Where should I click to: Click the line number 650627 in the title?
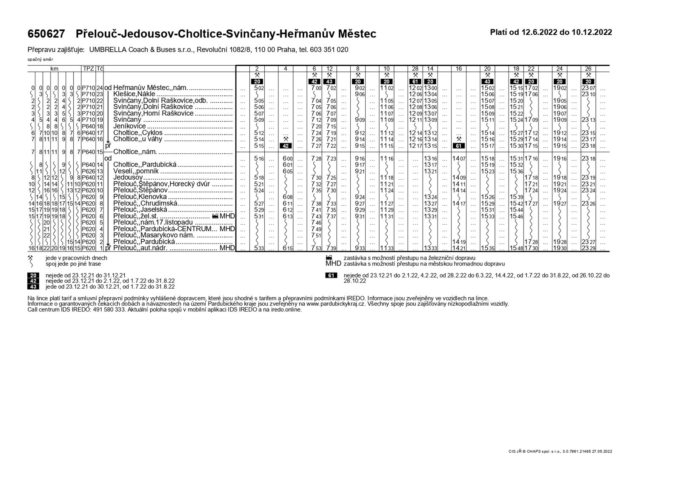[x=46, y=34]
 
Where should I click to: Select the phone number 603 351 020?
[x=328, y=50]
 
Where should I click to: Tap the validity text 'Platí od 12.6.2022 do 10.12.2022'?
[x=551, y=32]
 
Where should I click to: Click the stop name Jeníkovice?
[x=129, y=126]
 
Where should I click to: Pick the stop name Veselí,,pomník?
[x=136, y=171]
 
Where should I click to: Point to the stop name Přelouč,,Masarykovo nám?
[x=154, y=235]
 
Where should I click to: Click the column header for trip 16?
[x=458, y=68]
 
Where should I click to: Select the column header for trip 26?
[x=589, y=68]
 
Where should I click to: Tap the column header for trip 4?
[x=286, y=68]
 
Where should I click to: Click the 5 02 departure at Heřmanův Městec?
[x=259, y=88]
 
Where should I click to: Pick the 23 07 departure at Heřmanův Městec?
[x=589, y=88]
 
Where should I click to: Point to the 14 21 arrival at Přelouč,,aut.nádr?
[x=458, y=248]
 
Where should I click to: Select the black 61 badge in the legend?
[x=331, y=275]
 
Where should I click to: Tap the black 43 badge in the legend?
[x=33, y=286]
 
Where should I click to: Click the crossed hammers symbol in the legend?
[x=30, y=258]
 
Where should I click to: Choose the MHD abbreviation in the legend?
[x=333, y=263]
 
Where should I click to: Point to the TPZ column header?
[x=88, y=68]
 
